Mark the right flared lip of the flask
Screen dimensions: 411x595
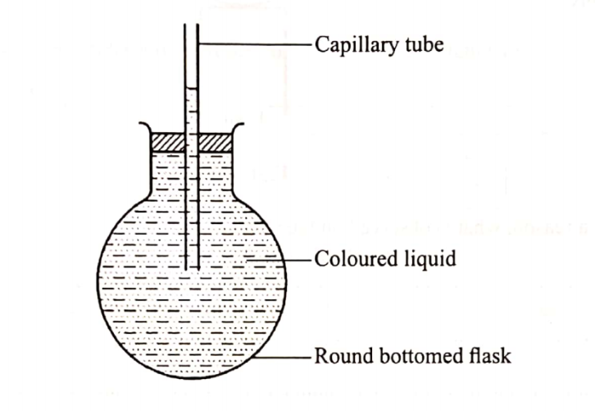pos(241,128)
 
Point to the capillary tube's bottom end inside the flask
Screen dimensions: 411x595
pos(192,270)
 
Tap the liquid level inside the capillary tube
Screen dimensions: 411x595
pos(192,89)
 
